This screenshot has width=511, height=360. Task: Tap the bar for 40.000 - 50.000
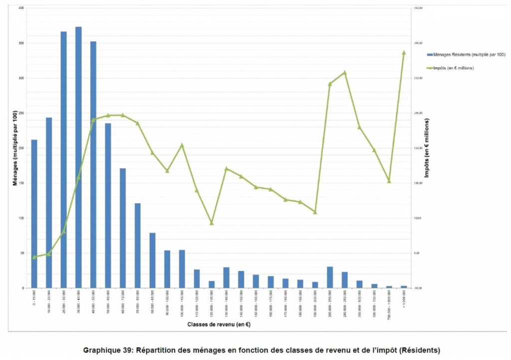pyautogui.click(x=93, y=165)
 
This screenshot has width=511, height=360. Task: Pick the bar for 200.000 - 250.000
pyautogui.click(x=330, y=278)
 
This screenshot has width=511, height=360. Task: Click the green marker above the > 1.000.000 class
pyautogui.click(x=404, y=52)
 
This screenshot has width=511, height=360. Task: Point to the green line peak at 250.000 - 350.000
pyautogui.click(x=344, y=73)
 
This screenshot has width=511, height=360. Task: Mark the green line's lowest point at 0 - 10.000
pyautogui.click(x=34, y=257)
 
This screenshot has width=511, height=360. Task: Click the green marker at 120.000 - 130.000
pyautogui.click(x=212, y=223)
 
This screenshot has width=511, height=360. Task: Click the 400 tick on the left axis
pyautogui.click(x=20, y=8)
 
